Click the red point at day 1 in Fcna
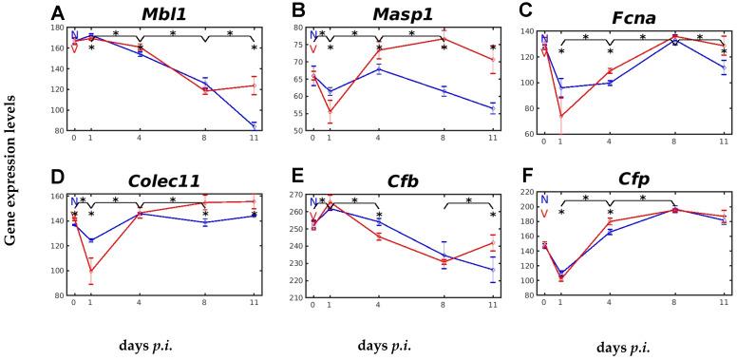(559, 116)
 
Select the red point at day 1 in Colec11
(91, 271)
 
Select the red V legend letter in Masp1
(313, 49)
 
